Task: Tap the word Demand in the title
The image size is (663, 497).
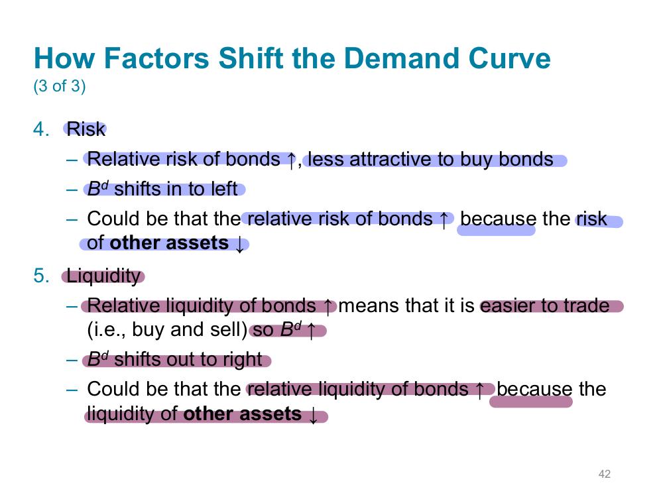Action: tap(402, 58)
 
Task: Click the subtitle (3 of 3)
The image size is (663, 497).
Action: tap(59, 85)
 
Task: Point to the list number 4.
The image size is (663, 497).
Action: tap(41, 129)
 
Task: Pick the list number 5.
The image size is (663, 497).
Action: tap(41, 276)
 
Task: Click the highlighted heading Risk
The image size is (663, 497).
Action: tap(86, 129)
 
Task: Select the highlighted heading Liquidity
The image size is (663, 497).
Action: tap(103, 276)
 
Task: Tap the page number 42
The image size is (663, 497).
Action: tap(604, 474)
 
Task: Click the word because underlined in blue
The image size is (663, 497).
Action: tap(498, 219)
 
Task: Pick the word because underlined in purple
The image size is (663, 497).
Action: tap(534, 389)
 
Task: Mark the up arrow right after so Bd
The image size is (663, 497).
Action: tap(311, 331)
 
